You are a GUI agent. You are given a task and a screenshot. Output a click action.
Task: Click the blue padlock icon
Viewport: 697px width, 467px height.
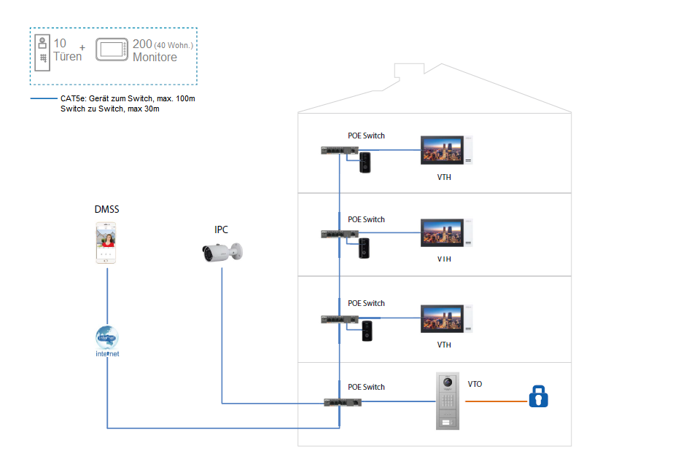tap(538, 397)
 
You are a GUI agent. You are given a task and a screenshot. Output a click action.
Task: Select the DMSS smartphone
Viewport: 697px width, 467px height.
tap(106, 243)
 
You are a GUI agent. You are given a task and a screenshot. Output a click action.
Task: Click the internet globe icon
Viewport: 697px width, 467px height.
tap(106, 337)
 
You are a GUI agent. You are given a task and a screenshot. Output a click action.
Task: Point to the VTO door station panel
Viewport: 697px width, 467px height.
tap(448, 401)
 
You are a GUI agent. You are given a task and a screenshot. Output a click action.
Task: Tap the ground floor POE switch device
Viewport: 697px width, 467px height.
tap(341, 403)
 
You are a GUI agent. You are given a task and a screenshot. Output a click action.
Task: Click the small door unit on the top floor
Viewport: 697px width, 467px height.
tap(366, 162)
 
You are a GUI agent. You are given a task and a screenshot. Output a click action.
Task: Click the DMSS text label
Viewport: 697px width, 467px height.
tap(106, 210)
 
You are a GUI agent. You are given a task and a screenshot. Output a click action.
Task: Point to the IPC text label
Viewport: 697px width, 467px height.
tap(221, 229)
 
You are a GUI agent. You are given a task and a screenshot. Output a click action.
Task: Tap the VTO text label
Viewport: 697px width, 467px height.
tap(475, 384)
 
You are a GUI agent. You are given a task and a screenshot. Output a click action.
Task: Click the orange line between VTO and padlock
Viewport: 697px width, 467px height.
tap(496, 401)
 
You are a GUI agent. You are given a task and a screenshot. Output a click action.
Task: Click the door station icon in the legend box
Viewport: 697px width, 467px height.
tap(44, 51)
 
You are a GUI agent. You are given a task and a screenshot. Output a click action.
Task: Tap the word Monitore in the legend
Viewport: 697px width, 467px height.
tap(155, 58)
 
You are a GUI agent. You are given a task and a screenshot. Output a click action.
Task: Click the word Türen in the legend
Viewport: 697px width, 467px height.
tap(68, 57)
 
